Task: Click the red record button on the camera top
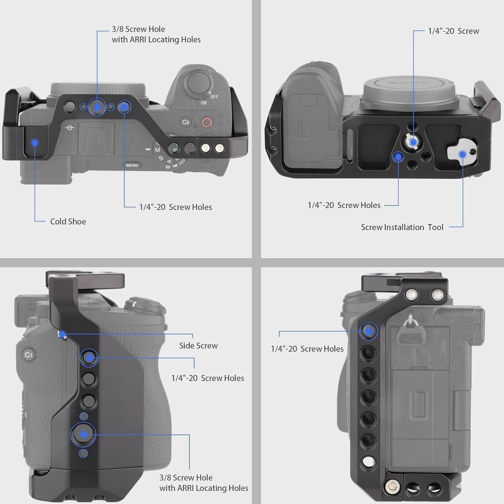click(x=207, y=122)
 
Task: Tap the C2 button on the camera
click(x=186, y=122)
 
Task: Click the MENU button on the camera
click(x=132, y=165)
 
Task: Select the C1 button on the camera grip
click(x=29, y=355)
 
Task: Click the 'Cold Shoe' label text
click(x=68, y=221)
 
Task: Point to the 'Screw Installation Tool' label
click(x=402, y=227)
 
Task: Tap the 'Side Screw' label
click(x=198, y=346)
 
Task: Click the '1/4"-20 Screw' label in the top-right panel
click(x=453, y=31)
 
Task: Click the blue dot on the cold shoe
click(x=35, y=143)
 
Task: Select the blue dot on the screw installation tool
click(x=462, y=154)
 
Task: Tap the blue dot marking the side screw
click(x=62, y=334)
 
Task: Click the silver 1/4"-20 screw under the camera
click(x=412, y=142)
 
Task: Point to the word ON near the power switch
click(x=204, y=103)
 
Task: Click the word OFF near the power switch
click(x=215, y=97)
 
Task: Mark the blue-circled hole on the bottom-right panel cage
click(x=368, y=331)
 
